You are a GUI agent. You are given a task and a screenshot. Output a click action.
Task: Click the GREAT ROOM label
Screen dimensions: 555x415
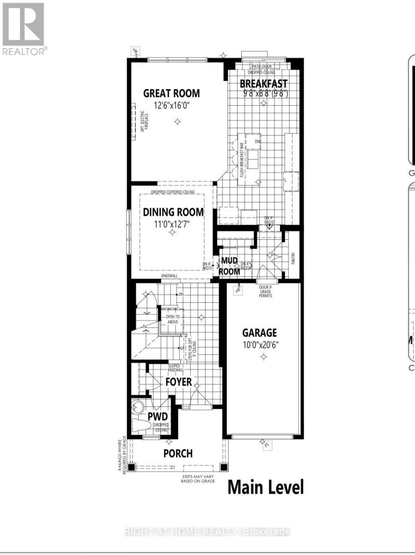pos(171,93)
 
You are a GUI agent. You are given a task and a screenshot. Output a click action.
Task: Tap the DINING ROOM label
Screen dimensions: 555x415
pos(173,212)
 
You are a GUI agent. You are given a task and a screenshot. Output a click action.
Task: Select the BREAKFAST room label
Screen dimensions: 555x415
pos(263,84)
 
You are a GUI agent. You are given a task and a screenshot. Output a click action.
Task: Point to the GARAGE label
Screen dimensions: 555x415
pos(260,333)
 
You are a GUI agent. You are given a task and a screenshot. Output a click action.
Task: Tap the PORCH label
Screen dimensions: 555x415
pos(178,453)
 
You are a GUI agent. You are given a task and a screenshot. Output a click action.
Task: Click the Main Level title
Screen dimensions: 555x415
pos(266,487)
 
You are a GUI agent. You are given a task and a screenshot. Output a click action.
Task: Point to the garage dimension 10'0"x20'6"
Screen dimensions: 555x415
pos(261,345)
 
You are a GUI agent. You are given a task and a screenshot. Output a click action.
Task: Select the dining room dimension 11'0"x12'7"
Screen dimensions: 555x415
pos(172,224)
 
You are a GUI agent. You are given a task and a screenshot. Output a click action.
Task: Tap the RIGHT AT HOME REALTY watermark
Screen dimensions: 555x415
pos(208,532)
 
